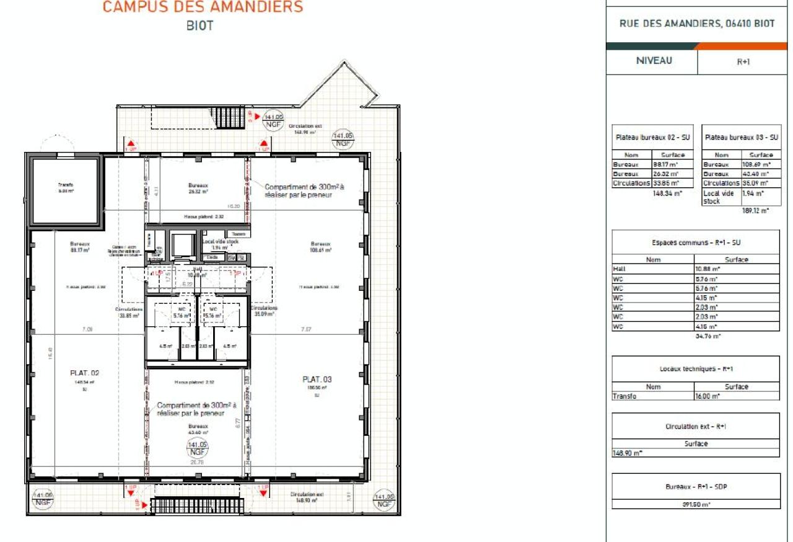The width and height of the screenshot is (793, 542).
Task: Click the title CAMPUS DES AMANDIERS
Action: [203, 7]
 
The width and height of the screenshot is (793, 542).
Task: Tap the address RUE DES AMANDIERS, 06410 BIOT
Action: [697, 24]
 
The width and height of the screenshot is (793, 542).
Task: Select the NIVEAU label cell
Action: [653, 61]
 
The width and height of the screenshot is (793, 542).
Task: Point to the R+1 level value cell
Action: [744, 62]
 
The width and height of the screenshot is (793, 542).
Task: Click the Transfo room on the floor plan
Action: [65, 190]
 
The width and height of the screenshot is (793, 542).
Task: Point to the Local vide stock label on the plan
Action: [220, 241]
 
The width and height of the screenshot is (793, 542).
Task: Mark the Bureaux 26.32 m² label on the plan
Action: [198, 189]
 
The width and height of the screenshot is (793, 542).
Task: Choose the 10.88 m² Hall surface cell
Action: [736, 269]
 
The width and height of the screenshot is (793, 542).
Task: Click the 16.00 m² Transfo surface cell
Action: [736, 396]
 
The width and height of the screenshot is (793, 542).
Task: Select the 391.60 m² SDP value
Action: [696, 504]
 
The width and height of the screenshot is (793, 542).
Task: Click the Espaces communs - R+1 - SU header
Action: [696, 243]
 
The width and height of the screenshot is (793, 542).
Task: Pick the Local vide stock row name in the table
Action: [721, 197]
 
